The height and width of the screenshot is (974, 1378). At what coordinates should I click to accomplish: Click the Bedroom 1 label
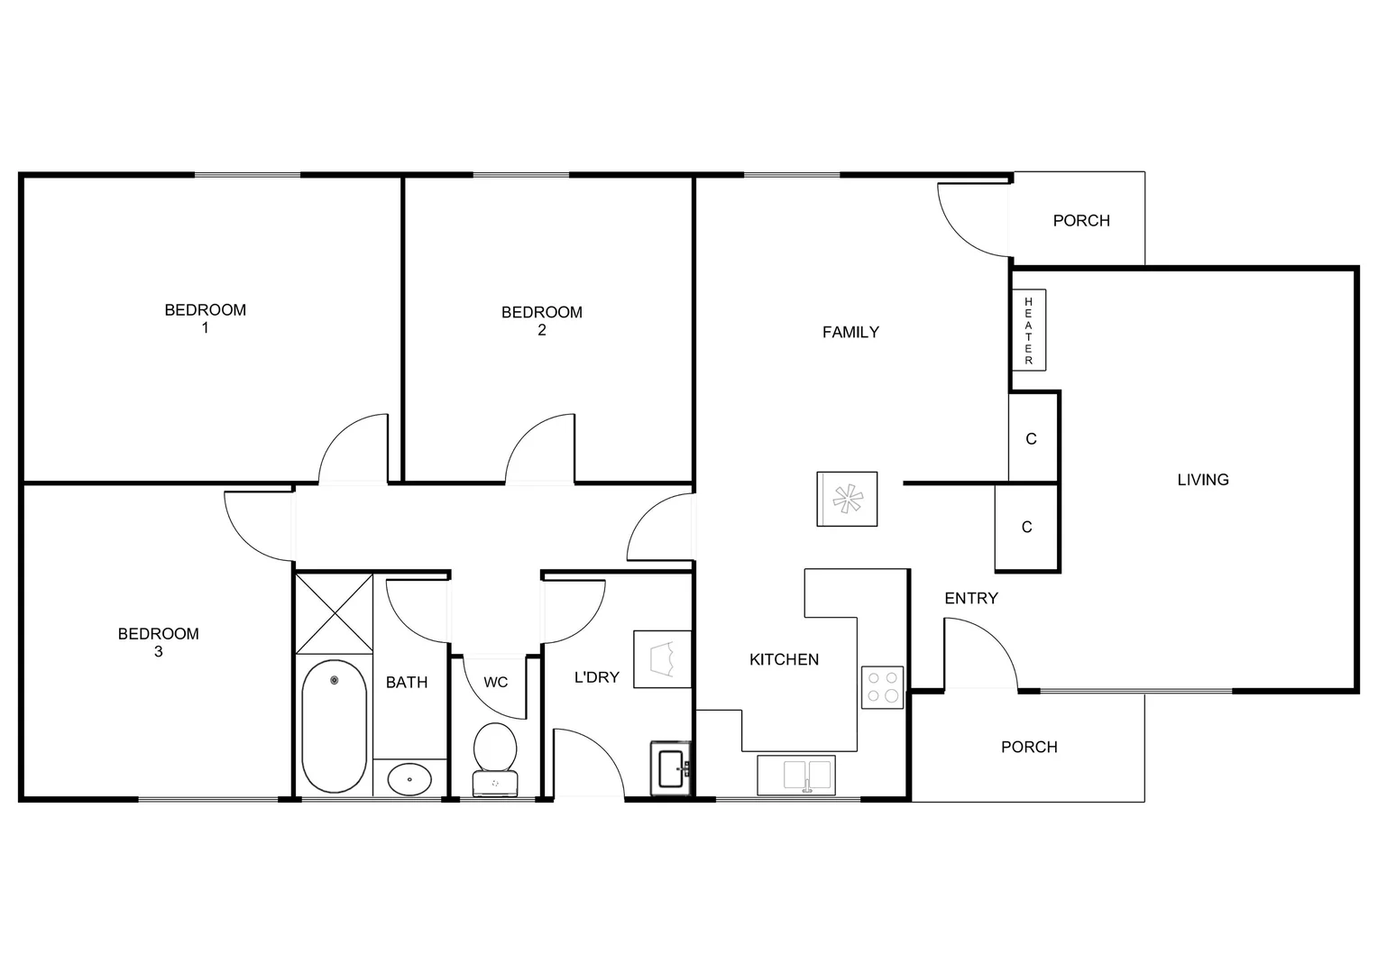click(205, 318)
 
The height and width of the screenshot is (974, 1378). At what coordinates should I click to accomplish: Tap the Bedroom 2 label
click(541, 321)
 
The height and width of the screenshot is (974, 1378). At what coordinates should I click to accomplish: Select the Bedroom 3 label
click(158, 642)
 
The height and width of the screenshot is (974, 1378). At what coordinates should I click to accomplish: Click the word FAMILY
click(850, 332)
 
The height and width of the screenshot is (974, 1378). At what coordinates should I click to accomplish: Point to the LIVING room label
click(1202, 480)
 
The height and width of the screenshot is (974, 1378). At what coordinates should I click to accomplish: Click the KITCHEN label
click(784, 659)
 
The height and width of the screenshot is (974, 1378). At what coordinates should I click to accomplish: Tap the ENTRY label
click(970, 598)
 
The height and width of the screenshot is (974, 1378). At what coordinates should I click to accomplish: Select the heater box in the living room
click(1028, 330)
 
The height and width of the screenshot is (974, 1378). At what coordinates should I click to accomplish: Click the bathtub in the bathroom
click(334, 726)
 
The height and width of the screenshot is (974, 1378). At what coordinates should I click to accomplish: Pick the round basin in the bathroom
click(410, 777)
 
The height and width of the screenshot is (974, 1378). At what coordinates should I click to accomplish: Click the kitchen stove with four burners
click(882, 687)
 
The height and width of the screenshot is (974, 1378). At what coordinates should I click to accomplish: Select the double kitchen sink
click(796, 775)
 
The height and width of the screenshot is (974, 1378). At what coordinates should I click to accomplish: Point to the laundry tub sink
click(671, 768)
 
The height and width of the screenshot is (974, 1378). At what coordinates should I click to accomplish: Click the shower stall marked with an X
click(334, 612)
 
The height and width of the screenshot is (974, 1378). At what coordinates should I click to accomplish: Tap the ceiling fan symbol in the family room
click(847, 499)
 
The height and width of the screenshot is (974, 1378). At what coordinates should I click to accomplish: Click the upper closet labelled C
click(1031, 439)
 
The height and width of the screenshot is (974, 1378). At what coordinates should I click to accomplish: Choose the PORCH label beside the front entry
click(1028, 747)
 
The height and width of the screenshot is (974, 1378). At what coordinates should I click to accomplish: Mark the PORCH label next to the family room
click(1080, 220)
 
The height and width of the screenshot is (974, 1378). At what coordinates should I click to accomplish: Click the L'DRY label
click(596, 676)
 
